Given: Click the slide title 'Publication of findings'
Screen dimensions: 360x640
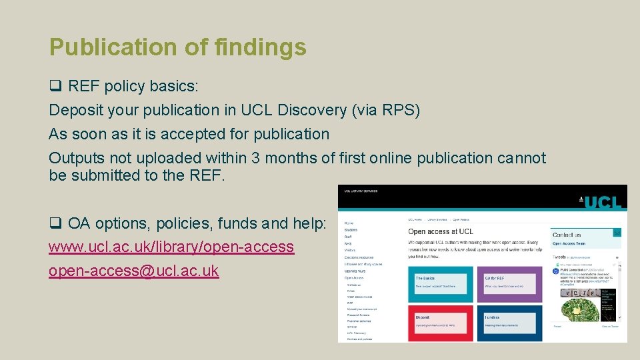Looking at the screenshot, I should [177, 47].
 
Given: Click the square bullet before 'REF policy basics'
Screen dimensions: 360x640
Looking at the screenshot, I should [55, 86].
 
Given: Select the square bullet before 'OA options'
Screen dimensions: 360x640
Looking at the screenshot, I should [55, 223].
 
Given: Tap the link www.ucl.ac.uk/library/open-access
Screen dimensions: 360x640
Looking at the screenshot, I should [171, 247].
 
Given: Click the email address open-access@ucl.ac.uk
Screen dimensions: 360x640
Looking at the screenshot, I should [133, 271].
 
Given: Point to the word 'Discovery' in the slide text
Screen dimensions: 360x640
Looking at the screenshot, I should [311, 110].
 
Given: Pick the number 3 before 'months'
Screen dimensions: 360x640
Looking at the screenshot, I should [257, 159].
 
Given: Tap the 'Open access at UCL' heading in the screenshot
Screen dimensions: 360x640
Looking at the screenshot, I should [440, 231].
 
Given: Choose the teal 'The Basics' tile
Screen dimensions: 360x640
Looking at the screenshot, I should [441, 283].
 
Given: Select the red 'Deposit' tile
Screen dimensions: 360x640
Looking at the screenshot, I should [441, 323].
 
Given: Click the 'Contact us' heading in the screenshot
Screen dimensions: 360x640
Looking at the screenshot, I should [567, 235].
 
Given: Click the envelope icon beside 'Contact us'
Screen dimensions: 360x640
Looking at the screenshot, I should [617, 233].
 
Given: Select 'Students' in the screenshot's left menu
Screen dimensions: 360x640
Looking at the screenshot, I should [351, 230].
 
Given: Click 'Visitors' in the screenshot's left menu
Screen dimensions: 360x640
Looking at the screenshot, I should [350, 250].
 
